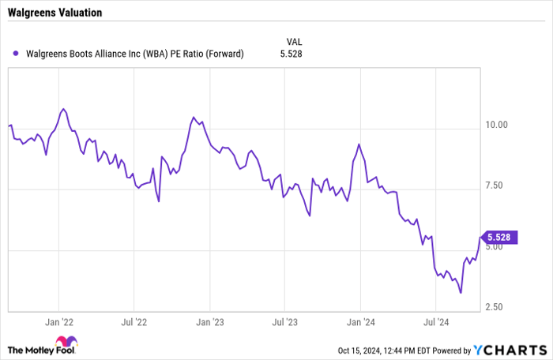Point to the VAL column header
(293, 40)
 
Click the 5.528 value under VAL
(292, 54)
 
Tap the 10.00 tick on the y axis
(496, 125)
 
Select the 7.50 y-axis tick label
(496, 186)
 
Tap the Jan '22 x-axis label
(59, 322)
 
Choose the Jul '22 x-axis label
(134, 322)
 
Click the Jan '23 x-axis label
(210, 322)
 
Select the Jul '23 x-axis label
(284, 322)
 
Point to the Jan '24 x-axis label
(360, 322)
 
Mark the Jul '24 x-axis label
(435, 322)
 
